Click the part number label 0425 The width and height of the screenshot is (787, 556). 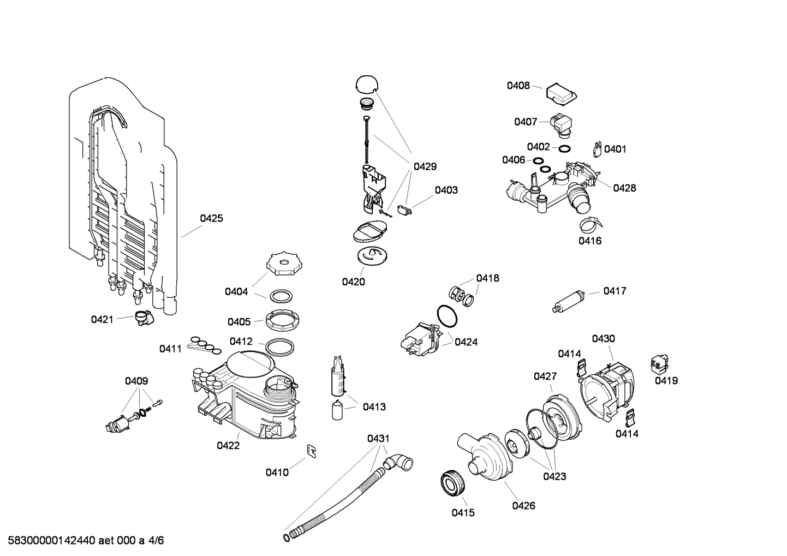tap(211, 218)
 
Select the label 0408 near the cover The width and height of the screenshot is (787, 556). tap(518, 85)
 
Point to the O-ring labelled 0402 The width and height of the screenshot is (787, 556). tap(565, 148)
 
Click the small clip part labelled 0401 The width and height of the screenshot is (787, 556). tap(597, 148)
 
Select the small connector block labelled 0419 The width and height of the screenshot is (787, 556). tap(660, 363)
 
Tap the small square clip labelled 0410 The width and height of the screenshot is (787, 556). tap(312, 451)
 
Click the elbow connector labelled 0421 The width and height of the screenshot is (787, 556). tap(144, 318)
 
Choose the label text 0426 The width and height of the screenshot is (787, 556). tap(523, 506)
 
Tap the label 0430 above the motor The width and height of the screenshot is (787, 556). tap(603, 339)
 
